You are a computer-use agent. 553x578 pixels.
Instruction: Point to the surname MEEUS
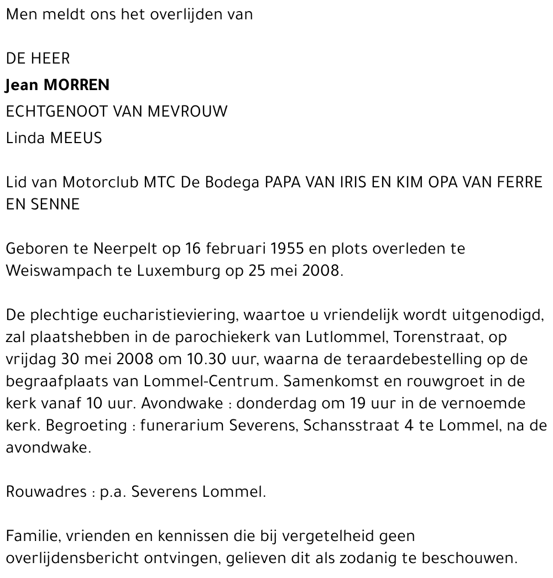[76, 138]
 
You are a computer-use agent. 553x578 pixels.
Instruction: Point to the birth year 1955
[288, 249]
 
